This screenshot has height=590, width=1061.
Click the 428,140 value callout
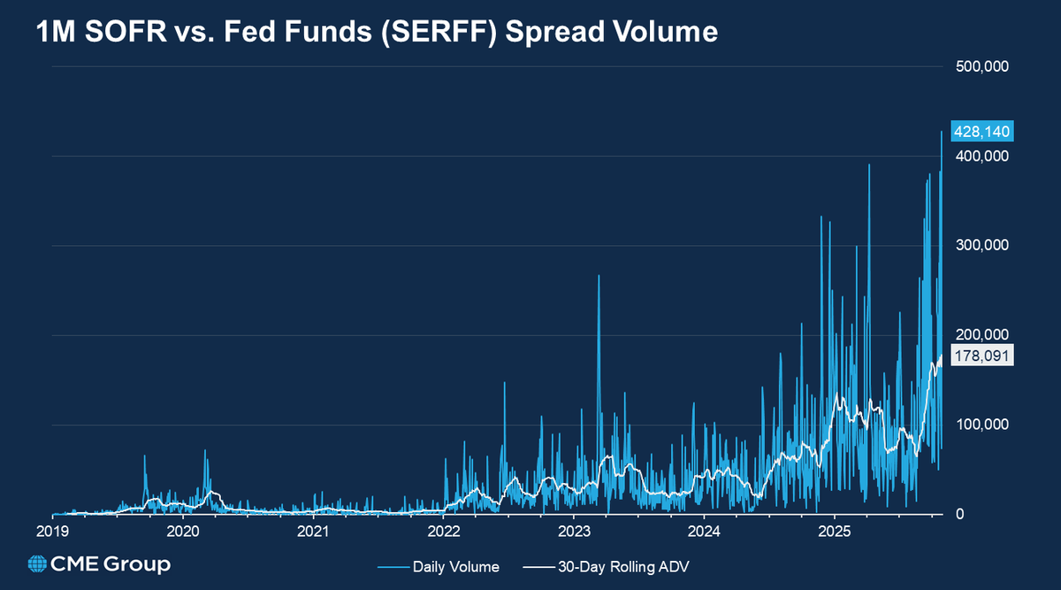click(x=981, y=132)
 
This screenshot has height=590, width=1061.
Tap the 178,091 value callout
click(x=981, y=356)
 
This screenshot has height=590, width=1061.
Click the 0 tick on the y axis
click(x=961, y=514)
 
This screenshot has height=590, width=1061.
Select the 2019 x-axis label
click(x=52, y=532)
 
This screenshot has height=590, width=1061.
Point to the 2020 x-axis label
click(x=183, y=532)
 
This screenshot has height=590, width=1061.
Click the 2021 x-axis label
click(x=313, y=532)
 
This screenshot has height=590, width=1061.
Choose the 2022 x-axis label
click(x=443, y=532)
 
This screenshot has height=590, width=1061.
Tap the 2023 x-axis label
click(x=574, y=532)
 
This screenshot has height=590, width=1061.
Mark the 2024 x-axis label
click(x=704, y=532)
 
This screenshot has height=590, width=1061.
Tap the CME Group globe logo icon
click(x=38, y=564)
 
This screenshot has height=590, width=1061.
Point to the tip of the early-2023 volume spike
click(x=599, y=276)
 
